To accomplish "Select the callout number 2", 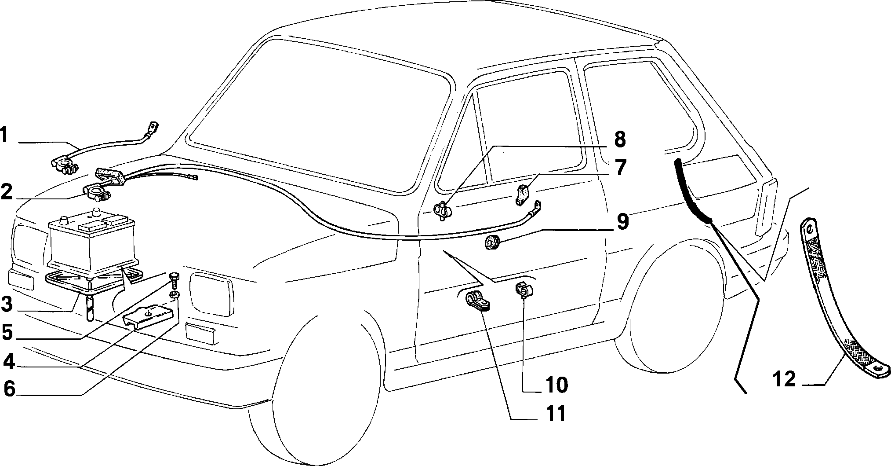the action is (x=7, y=193).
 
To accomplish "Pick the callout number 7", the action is (x=619, y=168).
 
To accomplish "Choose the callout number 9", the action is (x=622, y=221).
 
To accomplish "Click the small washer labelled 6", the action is (x=174, y=294).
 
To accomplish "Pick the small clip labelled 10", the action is (x=524, y=290).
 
